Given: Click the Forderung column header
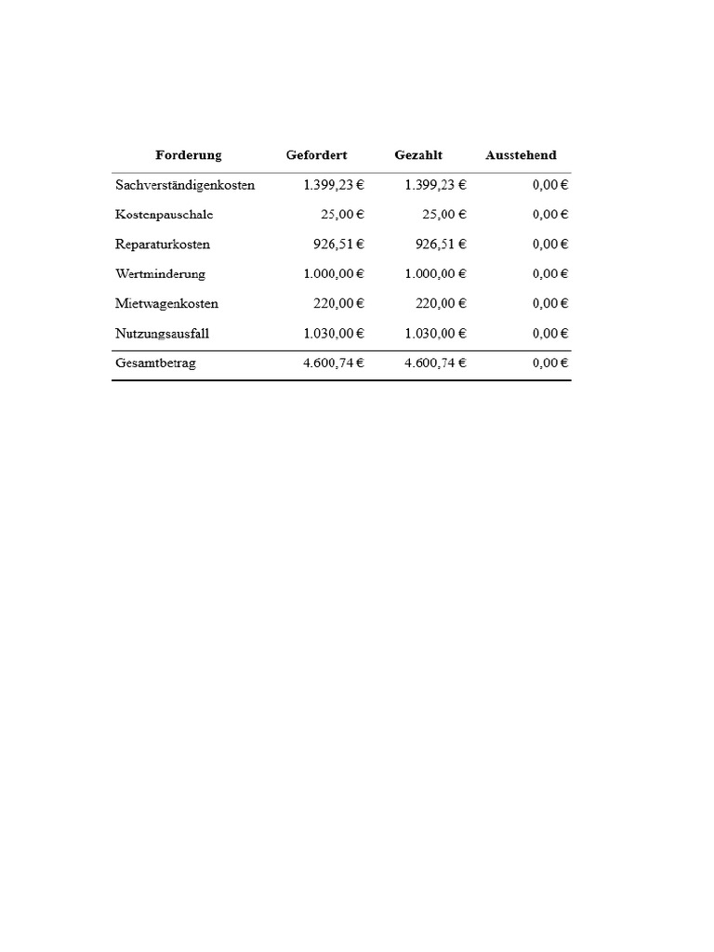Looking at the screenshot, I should (188, 155).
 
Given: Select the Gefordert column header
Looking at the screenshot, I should (316, 155).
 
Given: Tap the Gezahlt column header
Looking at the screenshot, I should (418, 155).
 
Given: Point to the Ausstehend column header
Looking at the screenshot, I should (521, 155).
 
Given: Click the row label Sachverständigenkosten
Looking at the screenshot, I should (185, 185).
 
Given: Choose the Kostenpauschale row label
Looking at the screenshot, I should (165, 215).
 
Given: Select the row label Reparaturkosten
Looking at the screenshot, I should (163, 245).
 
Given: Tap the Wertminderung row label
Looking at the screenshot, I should (161, 274).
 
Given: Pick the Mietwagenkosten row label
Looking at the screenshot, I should (167, 304).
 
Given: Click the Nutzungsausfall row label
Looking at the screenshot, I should (163, 334).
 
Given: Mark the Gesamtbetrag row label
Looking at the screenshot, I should (156, 364).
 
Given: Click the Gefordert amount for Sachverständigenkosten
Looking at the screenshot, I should (334, 185).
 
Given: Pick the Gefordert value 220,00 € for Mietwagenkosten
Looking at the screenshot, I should (338, 304).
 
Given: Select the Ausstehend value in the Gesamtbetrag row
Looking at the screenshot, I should (550, 364).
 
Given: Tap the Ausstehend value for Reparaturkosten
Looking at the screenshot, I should (550, 245).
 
